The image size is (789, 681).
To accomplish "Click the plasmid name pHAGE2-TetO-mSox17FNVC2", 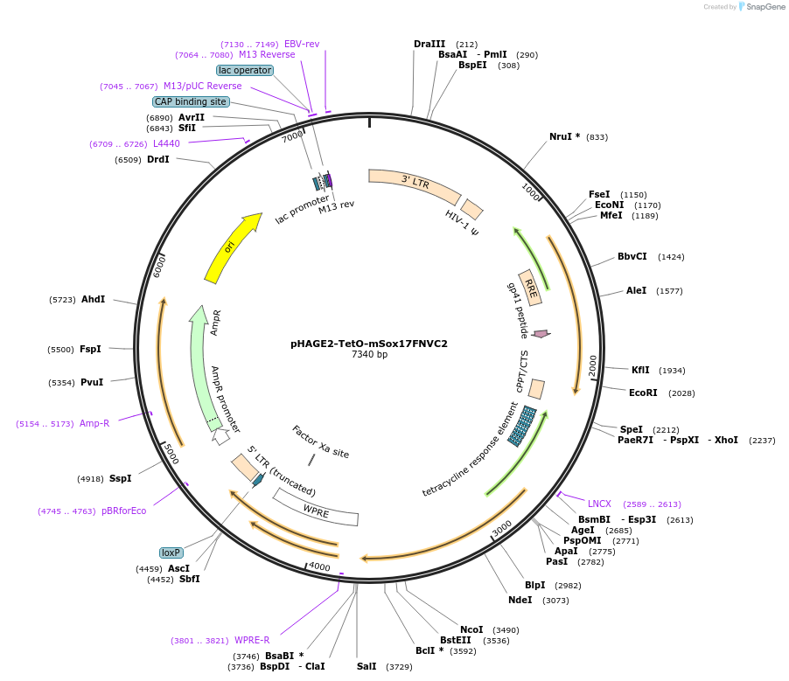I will coord(368,344).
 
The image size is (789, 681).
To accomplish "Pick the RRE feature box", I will coord(530,288).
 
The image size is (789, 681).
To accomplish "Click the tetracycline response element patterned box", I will coord(523,426).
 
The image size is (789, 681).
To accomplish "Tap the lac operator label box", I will coord(245,70).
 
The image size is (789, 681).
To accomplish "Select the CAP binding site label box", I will coord(191,101).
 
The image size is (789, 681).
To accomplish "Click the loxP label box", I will coord(171,552).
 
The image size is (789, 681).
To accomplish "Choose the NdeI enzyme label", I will coord(520,600).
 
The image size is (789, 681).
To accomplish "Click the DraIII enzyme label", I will coord(429,44).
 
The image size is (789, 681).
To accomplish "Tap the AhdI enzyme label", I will coord(93,299).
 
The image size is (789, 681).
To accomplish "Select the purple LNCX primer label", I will coord(600,504).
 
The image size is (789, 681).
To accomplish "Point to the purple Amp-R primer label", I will coord(94,423).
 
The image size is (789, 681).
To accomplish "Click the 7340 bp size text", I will coord(369,355).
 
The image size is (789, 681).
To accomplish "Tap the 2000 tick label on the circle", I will coord(592,365).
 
